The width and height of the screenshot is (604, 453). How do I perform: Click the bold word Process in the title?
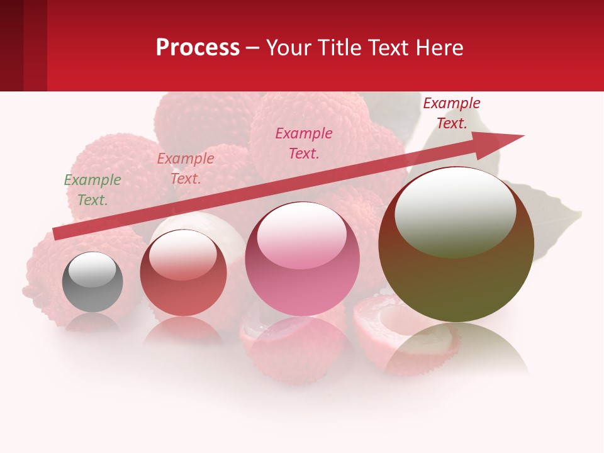pos(198,47)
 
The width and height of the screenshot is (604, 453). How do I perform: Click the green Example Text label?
pos(92,190)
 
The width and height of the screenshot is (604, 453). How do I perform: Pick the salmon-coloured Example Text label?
pos(186,169)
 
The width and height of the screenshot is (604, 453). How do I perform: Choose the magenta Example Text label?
pos(304,143)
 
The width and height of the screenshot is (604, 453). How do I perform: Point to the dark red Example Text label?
pos(452,113)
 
